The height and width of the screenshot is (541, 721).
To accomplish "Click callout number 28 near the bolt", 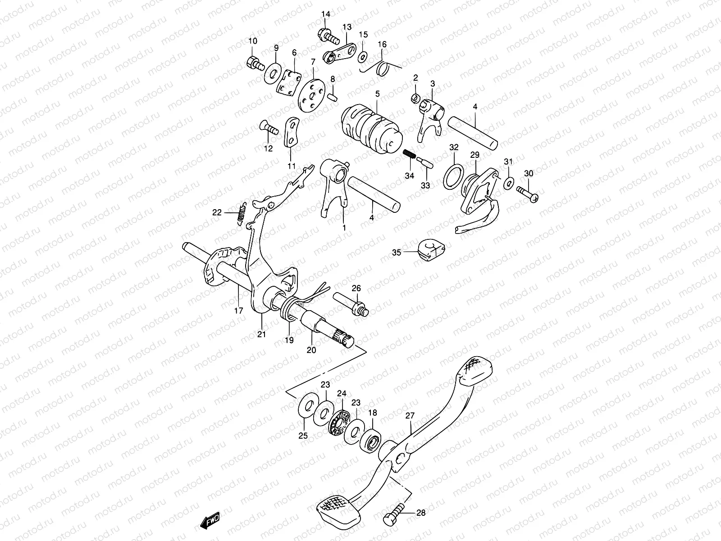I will [420, 513].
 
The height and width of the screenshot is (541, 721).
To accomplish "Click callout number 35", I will [396, 253].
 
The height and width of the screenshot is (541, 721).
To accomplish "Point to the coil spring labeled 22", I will [241, 213].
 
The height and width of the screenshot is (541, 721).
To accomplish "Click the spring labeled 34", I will [409, 156].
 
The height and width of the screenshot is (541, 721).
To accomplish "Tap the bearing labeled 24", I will [339, 422].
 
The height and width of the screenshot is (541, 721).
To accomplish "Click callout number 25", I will [303, 436].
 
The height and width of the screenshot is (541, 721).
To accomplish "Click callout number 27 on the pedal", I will [409, 416].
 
